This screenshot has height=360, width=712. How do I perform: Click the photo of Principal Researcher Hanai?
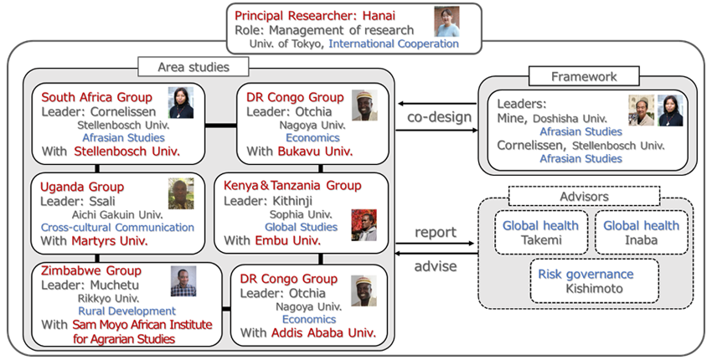pos(446,21)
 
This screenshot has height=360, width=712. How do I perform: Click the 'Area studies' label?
pos(192,66)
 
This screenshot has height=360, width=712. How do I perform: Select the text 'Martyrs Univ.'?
pos(111,241)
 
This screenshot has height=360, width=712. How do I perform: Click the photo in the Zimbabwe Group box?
pos(183,281)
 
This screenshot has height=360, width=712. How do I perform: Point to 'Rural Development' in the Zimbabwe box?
pos(114,310)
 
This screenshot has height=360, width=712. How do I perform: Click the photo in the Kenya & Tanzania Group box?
pos(364,224)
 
